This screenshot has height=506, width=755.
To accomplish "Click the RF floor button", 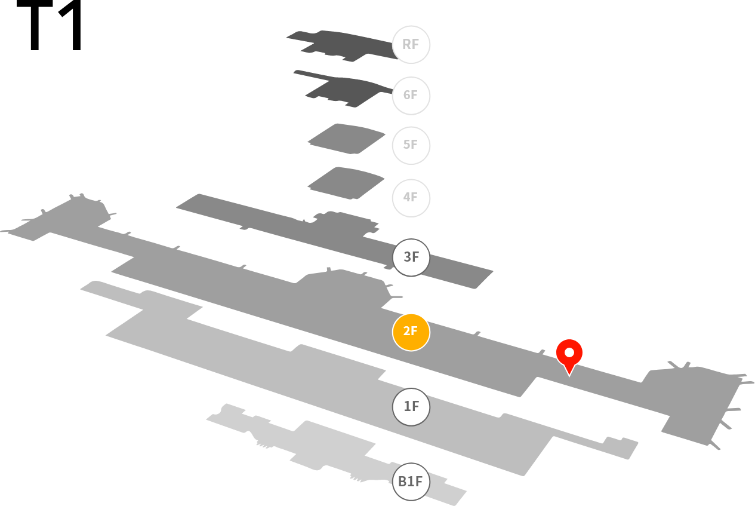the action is pos(411,45).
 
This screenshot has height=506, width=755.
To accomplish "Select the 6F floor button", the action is pos(411,96).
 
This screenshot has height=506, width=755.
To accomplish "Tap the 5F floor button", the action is pos(411,145).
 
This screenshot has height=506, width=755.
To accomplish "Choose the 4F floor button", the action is pos(411,198).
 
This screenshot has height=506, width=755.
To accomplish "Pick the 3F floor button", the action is pos(411,257).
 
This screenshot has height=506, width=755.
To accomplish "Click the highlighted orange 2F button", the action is pos(411,332).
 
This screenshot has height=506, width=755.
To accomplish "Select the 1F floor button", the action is pos(411,407).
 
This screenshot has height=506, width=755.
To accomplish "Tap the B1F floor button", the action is pos(411,482).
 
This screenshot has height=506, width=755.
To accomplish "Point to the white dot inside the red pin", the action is pos(569,352).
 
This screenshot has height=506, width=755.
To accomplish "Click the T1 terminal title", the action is pos(49,25).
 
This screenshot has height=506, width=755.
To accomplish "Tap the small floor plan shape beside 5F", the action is pos(347,139).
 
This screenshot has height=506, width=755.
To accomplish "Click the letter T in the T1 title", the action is pos(35,25).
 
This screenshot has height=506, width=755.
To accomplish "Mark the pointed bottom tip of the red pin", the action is pos(569,376).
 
